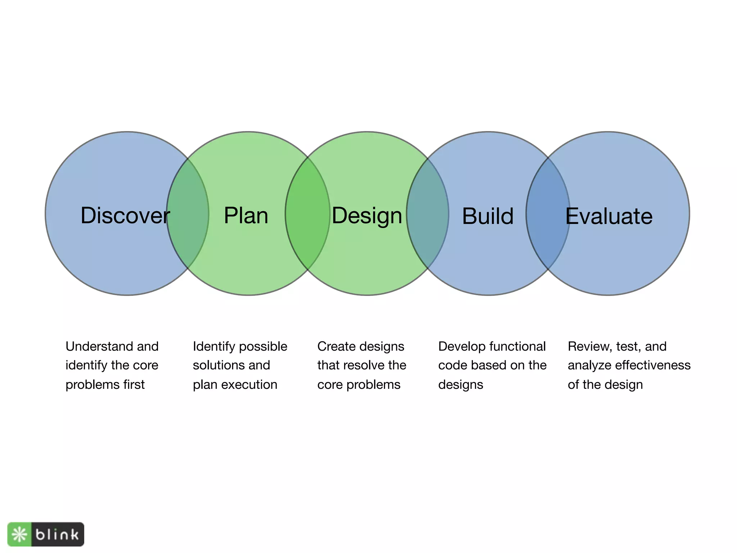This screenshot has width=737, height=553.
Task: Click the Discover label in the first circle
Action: (125, 216)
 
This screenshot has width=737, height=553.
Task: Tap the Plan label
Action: (246, 216)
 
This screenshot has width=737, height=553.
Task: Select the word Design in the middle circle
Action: (367, 216)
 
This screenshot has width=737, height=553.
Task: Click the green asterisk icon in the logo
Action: (19, 534)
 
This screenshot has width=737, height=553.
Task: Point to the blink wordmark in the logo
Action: (57, 534)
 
